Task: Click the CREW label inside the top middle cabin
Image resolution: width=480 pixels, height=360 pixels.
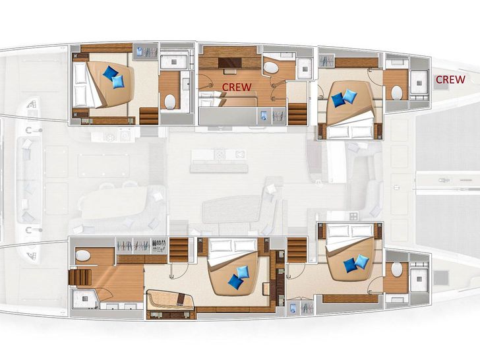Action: click(236, 86)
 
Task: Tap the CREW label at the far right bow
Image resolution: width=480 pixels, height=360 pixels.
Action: click(451, 80)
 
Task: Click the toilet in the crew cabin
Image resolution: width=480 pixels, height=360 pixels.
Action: click(270, 67)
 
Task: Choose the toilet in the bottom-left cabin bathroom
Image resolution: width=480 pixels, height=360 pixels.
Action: click(83, 256)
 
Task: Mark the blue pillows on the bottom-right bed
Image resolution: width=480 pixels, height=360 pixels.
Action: click(356, 264)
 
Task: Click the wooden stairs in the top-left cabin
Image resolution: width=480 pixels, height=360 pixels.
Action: click(149, 115)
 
